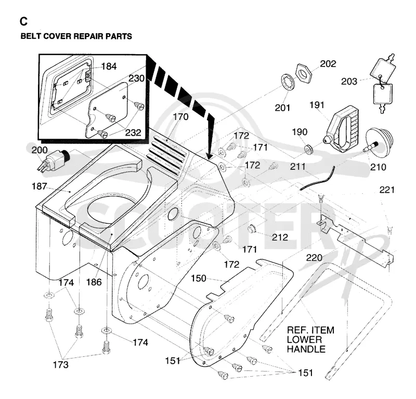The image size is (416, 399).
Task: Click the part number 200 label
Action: coord(40,150)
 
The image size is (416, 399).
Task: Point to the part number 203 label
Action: coord(349,82)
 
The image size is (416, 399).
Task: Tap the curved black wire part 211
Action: coord(317,178)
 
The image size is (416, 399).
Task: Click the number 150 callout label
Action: coord(199,278)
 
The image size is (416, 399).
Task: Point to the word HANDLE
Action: coord(306,349)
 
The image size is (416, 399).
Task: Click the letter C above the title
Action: coord(23,21)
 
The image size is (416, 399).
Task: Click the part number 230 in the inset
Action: coord(136,78)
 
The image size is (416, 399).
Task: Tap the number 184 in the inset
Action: coord(109,66)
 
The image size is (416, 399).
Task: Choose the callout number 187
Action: coord(40,187)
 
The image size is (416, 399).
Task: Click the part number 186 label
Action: coord(94,282)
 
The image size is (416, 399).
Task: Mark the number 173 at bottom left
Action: coord(60,365)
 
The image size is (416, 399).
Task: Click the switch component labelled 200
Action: coord(53,161)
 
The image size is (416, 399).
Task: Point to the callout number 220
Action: coord(314,258)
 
